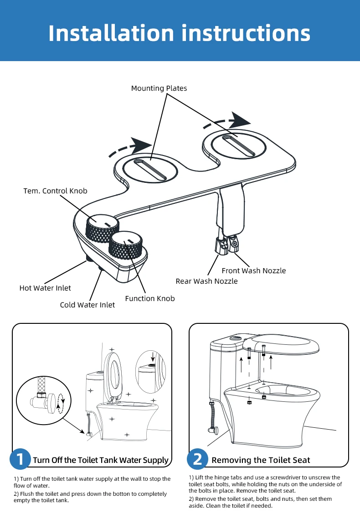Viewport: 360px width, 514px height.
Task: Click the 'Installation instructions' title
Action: [180, 33]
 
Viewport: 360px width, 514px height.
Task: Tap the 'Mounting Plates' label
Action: [159, 88]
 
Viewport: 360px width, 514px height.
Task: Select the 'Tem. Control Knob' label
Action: [55, 191]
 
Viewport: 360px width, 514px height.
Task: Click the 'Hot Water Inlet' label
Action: [45, 288]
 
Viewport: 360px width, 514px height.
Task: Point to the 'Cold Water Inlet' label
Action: [87, 304]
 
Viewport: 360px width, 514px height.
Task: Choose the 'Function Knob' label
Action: [149, 298]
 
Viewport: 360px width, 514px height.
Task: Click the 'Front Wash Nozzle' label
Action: [253, 270]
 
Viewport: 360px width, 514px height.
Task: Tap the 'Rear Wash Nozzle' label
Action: [206, 281]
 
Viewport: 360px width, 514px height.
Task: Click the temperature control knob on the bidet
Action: [102, 228]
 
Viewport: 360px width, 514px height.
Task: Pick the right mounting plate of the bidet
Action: [238, 145]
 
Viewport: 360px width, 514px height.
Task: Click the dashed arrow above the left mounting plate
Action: [130, 148]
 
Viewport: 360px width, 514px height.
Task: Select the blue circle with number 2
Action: [198, 459]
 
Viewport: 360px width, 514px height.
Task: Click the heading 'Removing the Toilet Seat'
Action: [261, 460]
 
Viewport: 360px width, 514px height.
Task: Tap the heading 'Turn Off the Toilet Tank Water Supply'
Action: [100, 460]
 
